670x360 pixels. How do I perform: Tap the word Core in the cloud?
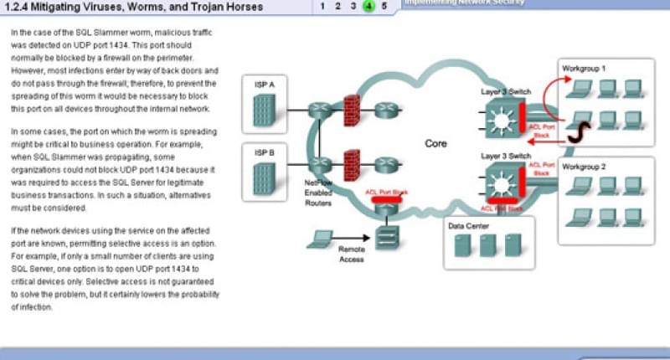[436, 143]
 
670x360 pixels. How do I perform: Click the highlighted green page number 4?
[368, 6]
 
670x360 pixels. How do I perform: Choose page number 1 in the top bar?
[322, 6]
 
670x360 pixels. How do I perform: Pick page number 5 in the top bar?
[384, 6]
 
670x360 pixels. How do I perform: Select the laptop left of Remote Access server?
[318, 239]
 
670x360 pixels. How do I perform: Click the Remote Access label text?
[351, 254]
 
